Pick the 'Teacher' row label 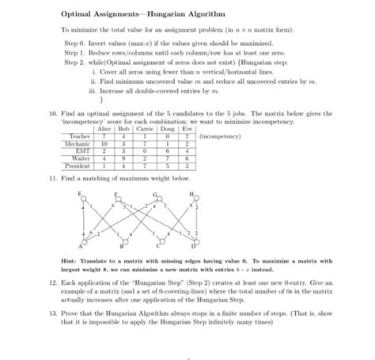[x=78, y=136]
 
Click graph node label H [x=190, y=192]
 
